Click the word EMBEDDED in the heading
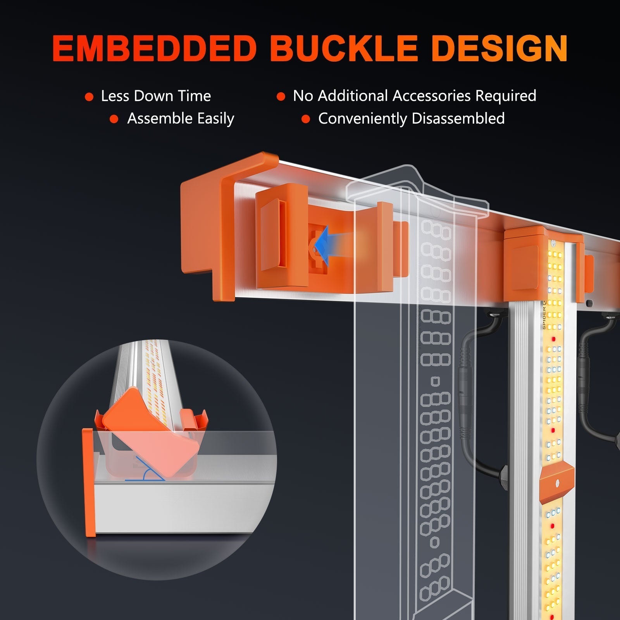(x=154, y=49)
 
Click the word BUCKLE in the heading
(x=344, y=49)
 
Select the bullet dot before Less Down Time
(x=89, y=97)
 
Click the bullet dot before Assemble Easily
(x=114, y=119)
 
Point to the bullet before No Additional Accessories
(x=281, y=97)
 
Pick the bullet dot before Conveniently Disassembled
(x=306, y=119)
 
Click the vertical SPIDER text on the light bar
(x=544, y=315)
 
